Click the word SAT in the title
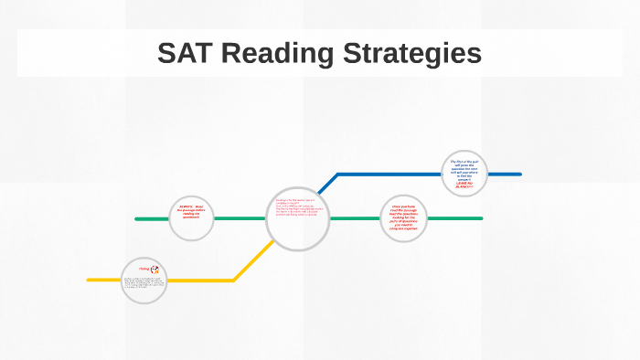187,54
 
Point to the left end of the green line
137,219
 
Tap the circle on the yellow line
145,280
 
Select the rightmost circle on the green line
404,218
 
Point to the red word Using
144,269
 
